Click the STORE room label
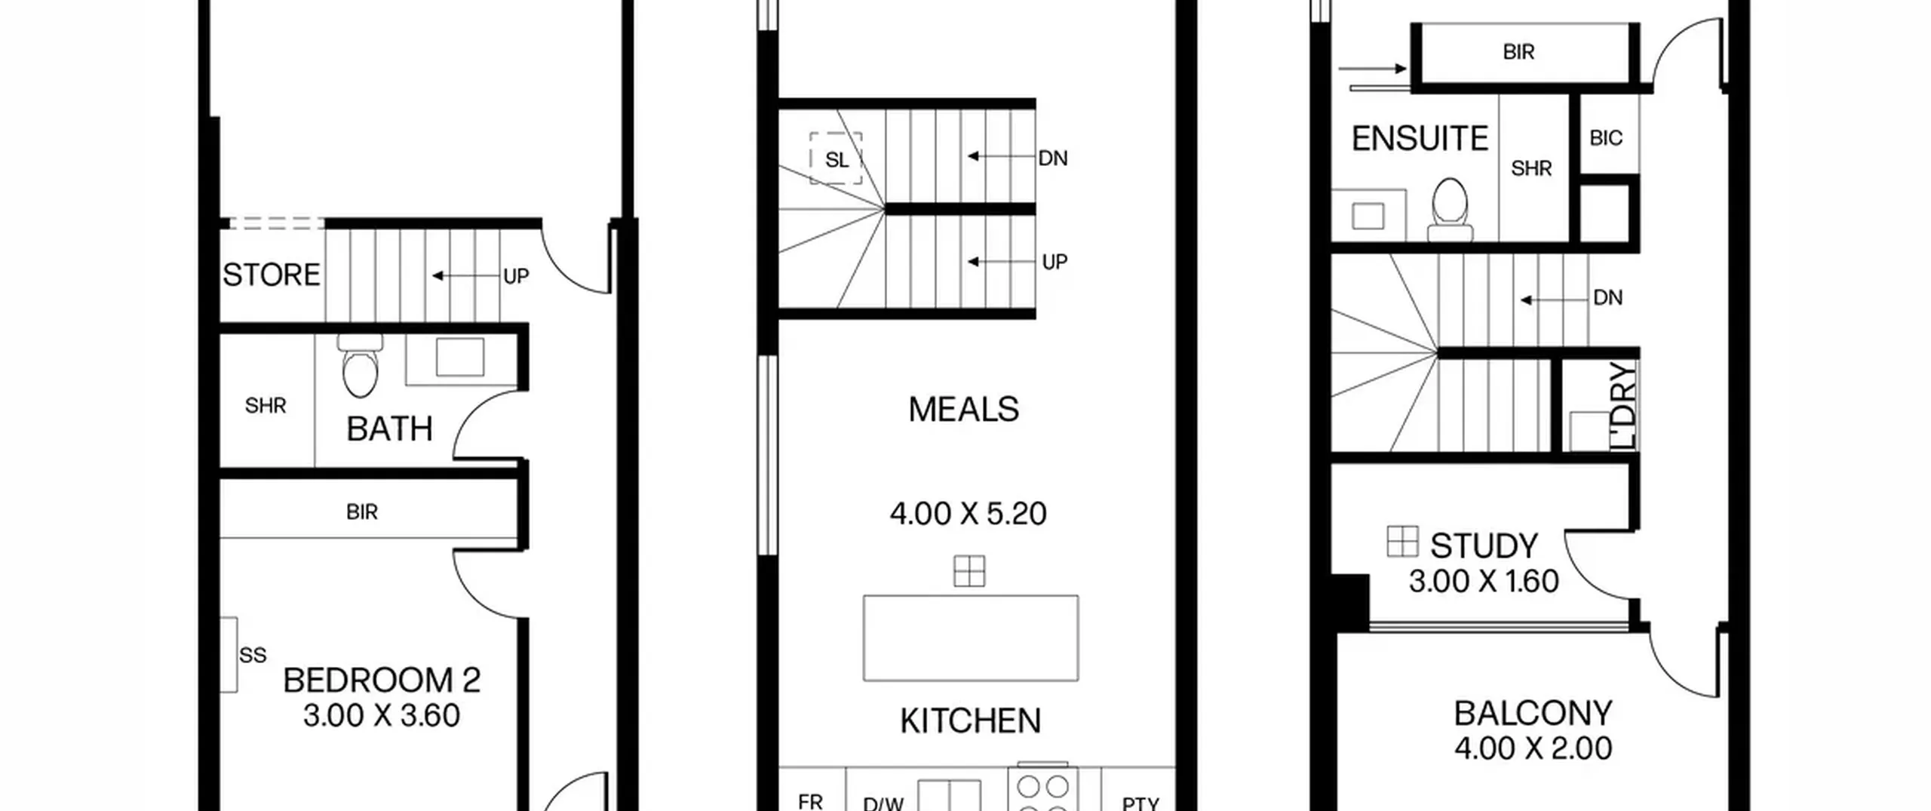click(272, 275)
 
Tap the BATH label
click(389, 429)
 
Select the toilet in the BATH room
click(361, 365)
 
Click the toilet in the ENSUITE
click(1450, 209)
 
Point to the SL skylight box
click(836, 158)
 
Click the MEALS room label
click(963, 410)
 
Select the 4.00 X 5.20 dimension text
click(968, 514)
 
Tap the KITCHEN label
click(970, 721)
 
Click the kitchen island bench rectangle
click(971, 638)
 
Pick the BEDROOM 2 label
click(382, 680)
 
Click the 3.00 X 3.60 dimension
click(382, 715)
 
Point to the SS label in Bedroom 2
click(253, 655)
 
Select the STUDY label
click(1484, 545)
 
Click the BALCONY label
click(1533, 713)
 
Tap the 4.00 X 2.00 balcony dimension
click(1533, 748)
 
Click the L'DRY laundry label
click(1624, 406)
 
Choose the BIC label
click(1606, 138)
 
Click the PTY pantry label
click(1140, 803)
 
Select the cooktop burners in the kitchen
click(1042, 792)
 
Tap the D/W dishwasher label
click(883, 803)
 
